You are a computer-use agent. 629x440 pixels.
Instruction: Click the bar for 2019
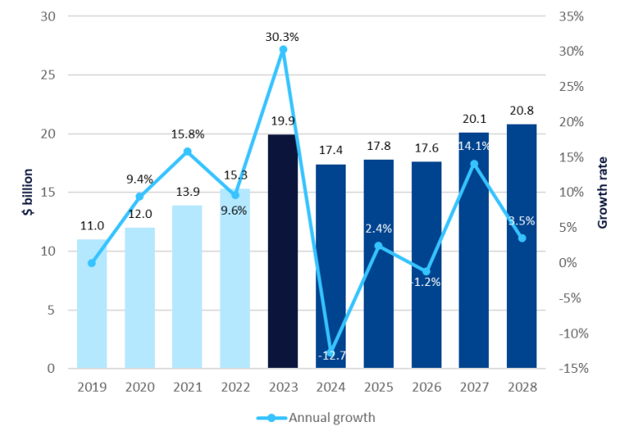coord(92,304)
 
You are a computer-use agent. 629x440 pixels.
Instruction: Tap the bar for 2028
coord(521,246)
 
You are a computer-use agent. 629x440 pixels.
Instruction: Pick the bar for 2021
coord(187,287)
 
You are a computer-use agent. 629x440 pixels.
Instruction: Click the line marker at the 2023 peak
coord(283,50)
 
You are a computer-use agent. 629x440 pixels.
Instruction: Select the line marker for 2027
coord(473,164)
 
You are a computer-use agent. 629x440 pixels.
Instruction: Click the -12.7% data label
coord(337,356)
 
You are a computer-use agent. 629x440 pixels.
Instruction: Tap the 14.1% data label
coord(474,147)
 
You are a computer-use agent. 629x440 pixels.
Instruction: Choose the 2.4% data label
coord(378,229)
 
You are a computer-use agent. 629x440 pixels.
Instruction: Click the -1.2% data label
coord(425,282)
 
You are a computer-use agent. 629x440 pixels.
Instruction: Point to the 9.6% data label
coord(233,210)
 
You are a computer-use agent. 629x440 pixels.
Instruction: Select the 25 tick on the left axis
coord(52,75)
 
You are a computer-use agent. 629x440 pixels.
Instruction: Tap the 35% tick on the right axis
coord(571,16)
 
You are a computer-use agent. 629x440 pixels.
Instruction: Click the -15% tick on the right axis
coord(571,368)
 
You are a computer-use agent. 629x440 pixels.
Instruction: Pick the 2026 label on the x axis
coord(426,385)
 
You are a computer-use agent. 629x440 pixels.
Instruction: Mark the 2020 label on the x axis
coord(139,385)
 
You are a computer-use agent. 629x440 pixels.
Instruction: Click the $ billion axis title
coord(28,193)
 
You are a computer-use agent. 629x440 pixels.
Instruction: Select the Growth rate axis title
coord(603,193)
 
